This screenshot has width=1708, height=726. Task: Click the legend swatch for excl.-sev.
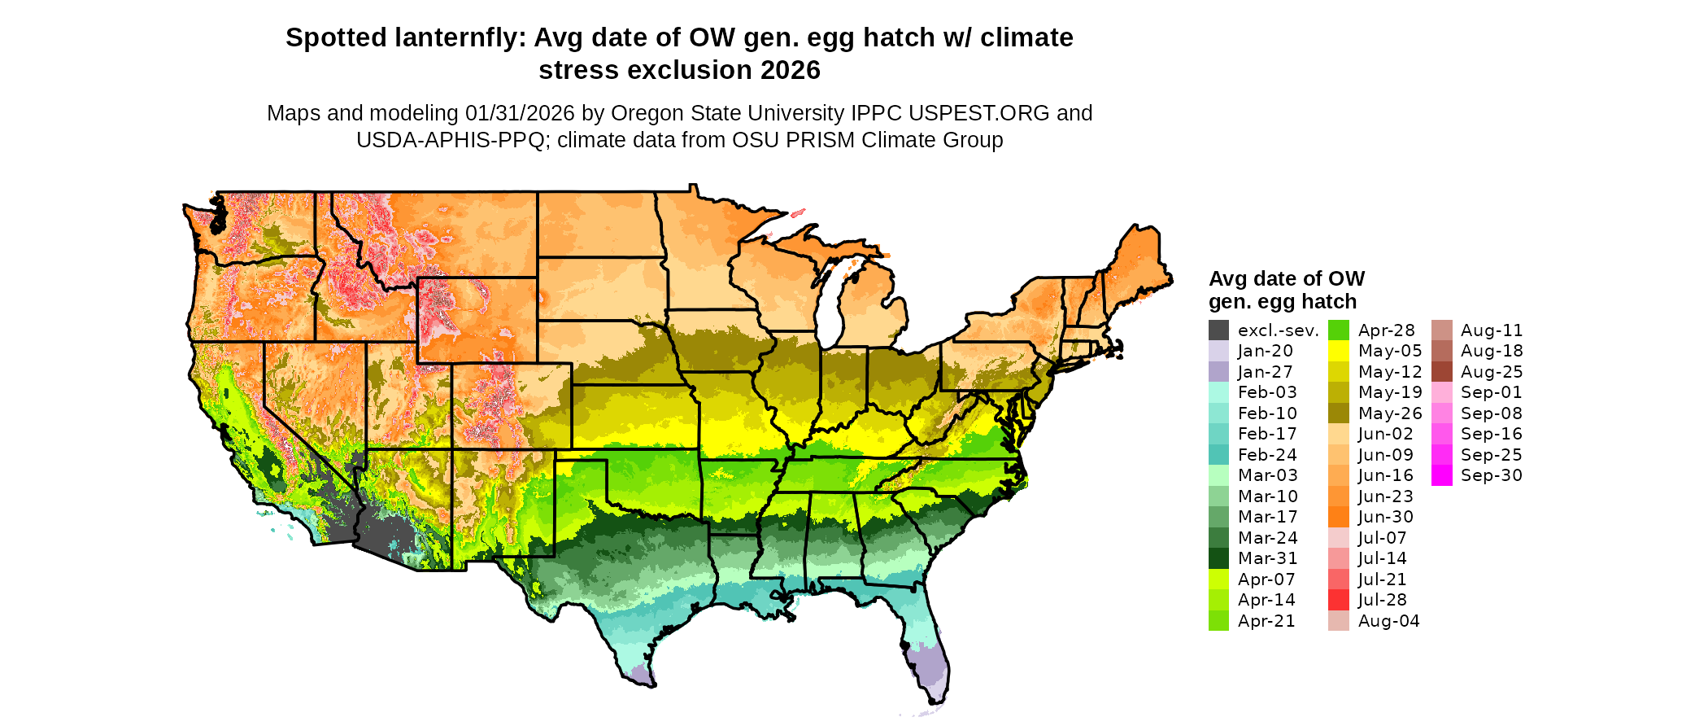pos(1218,330)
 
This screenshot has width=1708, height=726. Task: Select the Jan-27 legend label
pos(1265,371)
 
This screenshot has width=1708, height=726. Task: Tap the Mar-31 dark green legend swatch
pos(1218,558)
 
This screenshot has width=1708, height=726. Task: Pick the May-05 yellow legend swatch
pos(1338,351)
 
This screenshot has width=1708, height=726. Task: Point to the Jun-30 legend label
pos(1385,517)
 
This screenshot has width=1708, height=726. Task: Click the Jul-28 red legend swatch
pos(1338,600)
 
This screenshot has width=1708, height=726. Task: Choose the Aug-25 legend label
pos(1491,371)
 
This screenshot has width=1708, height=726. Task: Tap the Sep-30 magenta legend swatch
pos(1441,475)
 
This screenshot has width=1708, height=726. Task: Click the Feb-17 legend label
pos(1267,434)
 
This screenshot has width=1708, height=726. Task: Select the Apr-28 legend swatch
pos(1338,330)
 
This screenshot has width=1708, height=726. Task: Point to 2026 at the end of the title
pos(790,70)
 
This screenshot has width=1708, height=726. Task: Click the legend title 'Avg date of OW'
pos(1286,278)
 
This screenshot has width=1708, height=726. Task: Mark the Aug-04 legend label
pos(1388,621)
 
